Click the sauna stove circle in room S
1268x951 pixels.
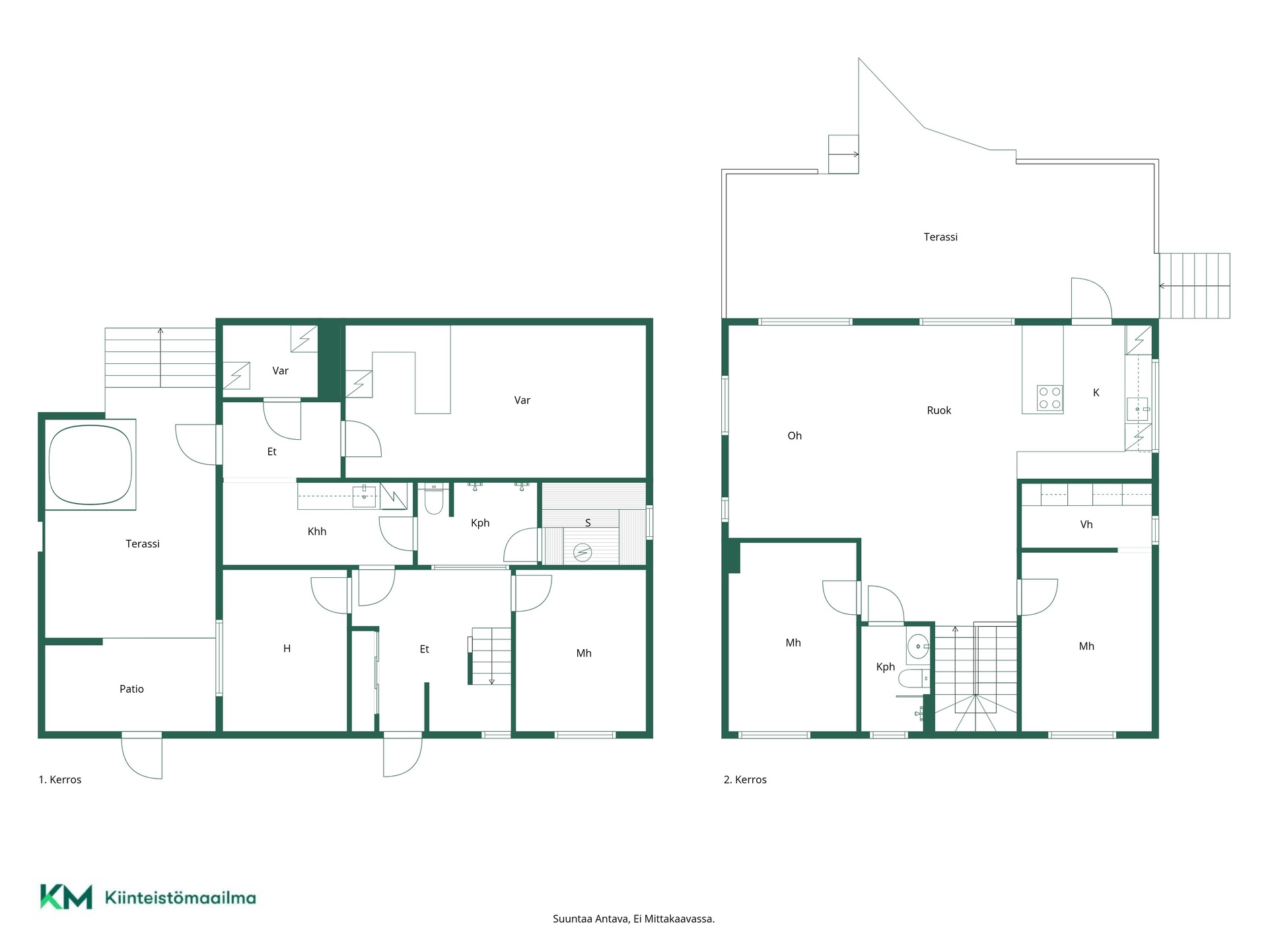[582, 552]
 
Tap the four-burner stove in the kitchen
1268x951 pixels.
[1049, 398]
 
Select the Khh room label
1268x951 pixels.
[317, 532]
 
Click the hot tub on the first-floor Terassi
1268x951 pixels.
[90, 464]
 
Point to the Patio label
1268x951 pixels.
[131, 689]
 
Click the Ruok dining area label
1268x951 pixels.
[938, 411]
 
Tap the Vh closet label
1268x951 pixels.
[1086, 525]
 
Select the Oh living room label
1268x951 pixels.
[794, 436]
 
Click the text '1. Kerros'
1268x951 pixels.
[60, 779]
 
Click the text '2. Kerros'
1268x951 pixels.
[745, 779]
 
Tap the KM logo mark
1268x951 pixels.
[66, 897]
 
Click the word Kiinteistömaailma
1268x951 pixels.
[180, 898]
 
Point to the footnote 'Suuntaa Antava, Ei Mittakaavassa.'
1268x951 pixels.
[633, 919]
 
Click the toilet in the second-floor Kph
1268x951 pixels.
[914, 678]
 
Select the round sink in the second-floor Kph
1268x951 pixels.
[918, 647]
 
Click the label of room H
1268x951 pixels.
[287, 649]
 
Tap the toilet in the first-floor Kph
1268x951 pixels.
[433, 499]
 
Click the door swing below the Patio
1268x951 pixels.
[141, 755]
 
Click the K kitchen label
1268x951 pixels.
[1096, 393]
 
